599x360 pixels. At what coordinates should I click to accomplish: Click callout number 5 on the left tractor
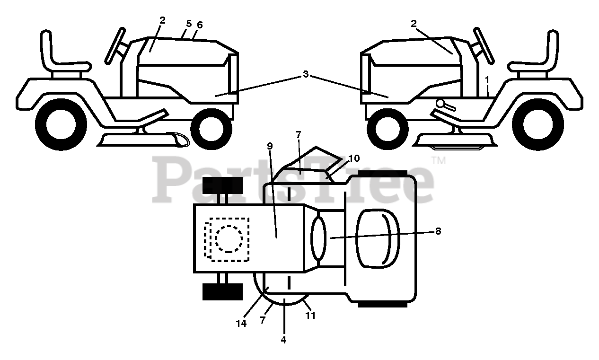(188, 23)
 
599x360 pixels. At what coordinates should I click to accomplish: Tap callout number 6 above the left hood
(200, 25)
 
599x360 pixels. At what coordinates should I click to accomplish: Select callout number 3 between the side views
(306, 74)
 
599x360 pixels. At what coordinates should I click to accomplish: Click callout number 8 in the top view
(438, 231)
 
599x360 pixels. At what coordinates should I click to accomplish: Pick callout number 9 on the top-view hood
(270, 146)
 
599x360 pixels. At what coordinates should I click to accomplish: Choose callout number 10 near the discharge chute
(354, 158)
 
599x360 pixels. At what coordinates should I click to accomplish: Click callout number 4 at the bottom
(284, 339)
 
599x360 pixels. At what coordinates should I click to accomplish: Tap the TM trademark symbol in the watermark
(439, 161)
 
